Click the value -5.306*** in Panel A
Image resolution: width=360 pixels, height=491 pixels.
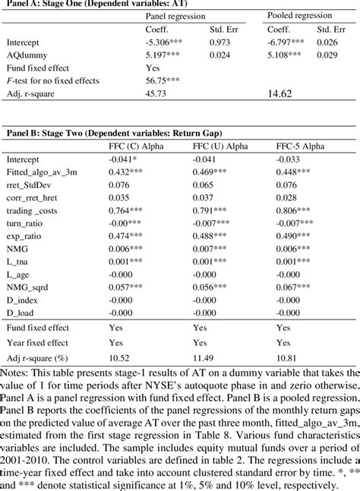tap(166, 44)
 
